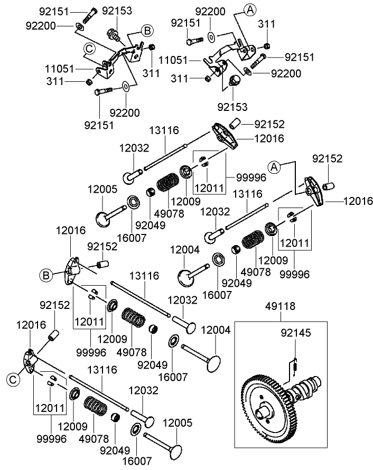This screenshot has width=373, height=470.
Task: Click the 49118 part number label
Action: coord(281,306)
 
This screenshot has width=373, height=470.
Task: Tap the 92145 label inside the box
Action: coord(295,333)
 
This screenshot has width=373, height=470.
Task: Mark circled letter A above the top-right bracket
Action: coord(250,9)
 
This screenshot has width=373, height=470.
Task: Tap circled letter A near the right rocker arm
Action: coord(274,167)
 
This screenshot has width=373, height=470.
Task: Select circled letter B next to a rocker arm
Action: coord(46,275)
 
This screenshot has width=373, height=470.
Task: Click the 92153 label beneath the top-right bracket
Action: coord(232,107)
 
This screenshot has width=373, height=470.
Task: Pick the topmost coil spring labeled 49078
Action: coord(170,185)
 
